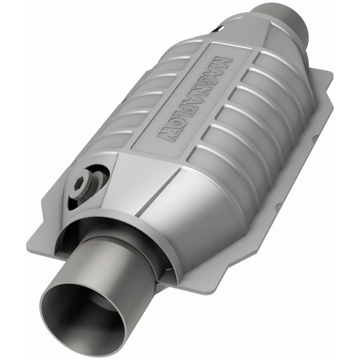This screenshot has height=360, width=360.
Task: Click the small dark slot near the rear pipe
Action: pos(218,29)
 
